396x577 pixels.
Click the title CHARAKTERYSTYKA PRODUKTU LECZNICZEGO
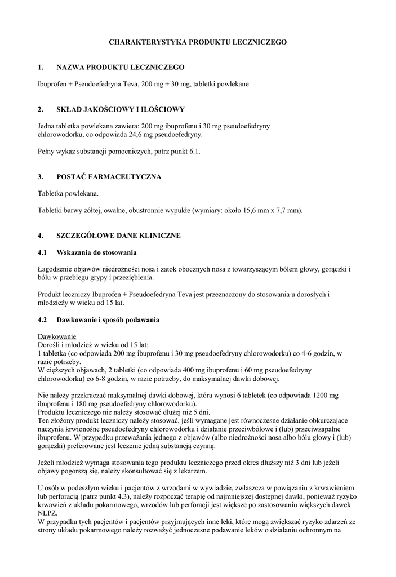pyautogui.click(x=198, y=42)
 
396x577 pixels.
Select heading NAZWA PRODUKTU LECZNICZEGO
pyautogui.click(x=121, y=68)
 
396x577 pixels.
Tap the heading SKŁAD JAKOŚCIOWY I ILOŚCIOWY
pyautogui.click(x=121, y=109)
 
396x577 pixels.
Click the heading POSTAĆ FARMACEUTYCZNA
pyautogui.click(x=109, y=177)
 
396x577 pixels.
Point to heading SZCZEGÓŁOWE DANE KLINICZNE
pyautogui.click(x=118, y=236)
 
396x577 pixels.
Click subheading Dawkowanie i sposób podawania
pyautogui.click(x=108, y=320)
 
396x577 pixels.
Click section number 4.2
pyautogui.click(x=42, y=320)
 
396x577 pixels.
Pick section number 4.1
pyautogui.click(x=42, y=252)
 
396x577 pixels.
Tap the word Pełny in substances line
pyautogui.click(x=46, y=152)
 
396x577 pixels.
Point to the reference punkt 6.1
pyautogui.click(x=185, y=152)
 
